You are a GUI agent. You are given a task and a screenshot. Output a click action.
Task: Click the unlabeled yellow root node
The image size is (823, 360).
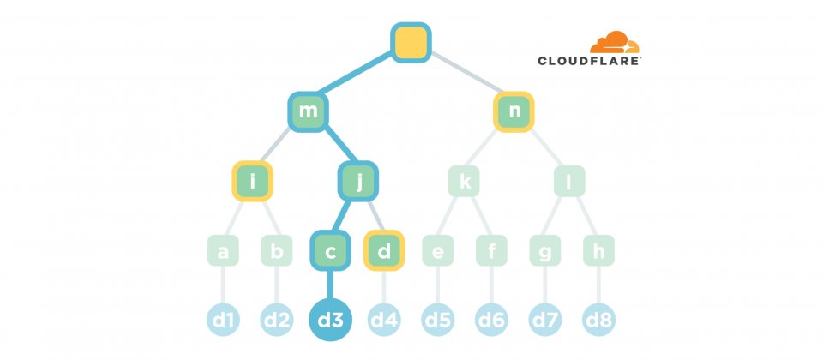[x=411, y=42]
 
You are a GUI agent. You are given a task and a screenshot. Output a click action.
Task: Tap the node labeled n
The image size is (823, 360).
[x=514, y=112]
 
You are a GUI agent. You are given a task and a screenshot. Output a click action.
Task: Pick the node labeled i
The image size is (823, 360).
[x=252, y=182]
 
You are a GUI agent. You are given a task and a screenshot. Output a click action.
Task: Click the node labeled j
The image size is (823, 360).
[x=357, y=182]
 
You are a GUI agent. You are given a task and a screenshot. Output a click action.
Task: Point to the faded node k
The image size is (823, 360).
[x=465, y=182]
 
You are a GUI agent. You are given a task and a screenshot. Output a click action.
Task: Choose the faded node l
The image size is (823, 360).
[x=568, y=182]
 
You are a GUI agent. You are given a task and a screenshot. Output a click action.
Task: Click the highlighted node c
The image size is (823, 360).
[x=331, y=251]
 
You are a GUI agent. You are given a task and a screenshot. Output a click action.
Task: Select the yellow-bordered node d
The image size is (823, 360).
[x=384, y=251]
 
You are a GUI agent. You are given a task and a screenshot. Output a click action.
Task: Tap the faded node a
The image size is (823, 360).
[x=224, y=251]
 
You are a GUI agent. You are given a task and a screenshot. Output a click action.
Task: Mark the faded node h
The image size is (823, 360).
[x=598, y=251]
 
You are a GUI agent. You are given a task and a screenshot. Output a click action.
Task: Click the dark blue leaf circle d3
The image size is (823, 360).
[x=331, y=321]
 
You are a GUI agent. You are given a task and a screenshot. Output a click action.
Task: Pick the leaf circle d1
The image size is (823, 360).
[x=224, y=321]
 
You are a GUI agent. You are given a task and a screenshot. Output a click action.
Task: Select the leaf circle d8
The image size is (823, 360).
[x=598, y=321]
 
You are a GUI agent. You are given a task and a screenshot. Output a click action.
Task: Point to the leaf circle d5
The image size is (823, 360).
[x=438, y=321]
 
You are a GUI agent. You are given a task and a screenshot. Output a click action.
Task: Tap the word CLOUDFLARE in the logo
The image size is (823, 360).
[x=589, y=61]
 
